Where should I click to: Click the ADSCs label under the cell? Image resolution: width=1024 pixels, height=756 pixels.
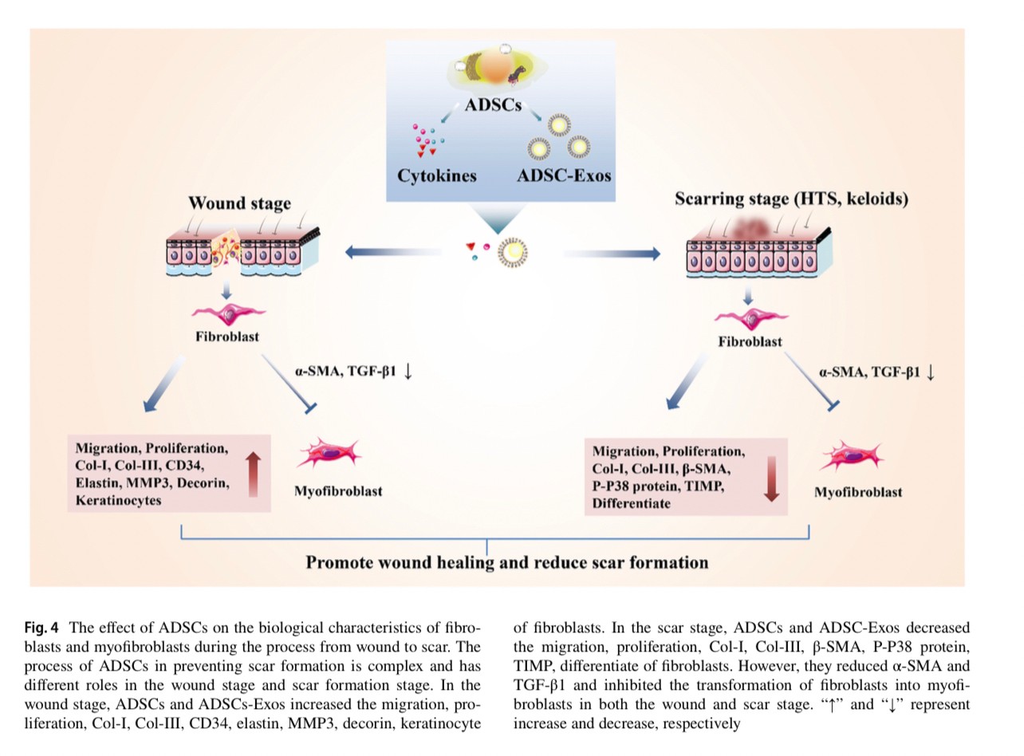tap(493, 104)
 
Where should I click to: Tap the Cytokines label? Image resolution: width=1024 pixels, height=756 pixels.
tap(436, 176)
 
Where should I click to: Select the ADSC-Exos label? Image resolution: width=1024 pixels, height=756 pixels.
tap(564, 175)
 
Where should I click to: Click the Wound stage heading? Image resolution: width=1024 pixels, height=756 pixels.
tap(239, 203)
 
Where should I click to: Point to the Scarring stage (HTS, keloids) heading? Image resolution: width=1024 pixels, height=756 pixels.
tap(791, 199)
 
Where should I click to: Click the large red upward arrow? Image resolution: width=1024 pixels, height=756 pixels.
tap(253, 474)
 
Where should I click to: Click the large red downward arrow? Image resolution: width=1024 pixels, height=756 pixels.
tap(771, 478)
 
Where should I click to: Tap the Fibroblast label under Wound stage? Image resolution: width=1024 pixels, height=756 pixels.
tap(227, 337)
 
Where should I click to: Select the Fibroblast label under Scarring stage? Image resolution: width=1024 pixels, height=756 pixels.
tap(750, 342)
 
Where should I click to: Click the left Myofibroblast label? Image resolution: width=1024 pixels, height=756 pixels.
tap(338, 491)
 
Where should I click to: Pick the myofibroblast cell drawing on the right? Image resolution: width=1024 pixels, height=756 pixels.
tap(852, 457)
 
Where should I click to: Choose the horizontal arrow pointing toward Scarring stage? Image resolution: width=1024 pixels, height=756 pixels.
tap(612, 254)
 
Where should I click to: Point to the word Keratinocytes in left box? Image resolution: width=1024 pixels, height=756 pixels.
tap(118, 501)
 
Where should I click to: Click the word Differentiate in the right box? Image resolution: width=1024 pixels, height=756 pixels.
tap(631, 504)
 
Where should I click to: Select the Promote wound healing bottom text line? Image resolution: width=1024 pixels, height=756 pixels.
tap(507, 563)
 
